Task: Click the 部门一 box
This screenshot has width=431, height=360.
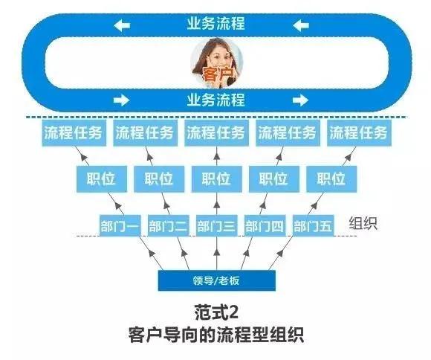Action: (120, 225)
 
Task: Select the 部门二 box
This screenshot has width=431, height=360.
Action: (168, 225)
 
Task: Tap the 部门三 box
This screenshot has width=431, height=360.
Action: (216, 225)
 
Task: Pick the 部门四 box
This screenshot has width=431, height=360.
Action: (265, 225)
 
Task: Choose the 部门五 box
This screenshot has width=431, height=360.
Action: (313, 225)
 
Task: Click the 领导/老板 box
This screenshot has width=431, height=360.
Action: (216, 280)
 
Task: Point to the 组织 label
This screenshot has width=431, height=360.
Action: (363, 223)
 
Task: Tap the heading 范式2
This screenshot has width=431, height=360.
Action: (216, 312)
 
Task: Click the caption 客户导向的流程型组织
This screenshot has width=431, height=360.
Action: (216, 334)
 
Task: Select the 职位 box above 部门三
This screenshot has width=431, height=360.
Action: (216, 179)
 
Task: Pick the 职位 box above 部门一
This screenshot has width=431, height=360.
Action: (101, 179)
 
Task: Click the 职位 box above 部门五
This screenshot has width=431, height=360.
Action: (331, 179)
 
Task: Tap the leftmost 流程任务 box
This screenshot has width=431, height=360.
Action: (74, 133)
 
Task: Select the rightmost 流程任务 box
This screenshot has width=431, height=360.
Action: (359, 133)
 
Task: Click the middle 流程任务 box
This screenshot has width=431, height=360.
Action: (216, 133)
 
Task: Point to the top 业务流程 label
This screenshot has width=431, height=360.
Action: (216, 23)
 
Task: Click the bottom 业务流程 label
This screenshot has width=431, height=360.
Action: (216, 100)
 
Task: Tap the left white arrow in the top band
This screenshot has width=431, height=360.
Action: (122, 26)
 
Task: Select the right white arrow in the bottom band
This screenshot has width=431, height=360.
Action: (300, 100)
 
